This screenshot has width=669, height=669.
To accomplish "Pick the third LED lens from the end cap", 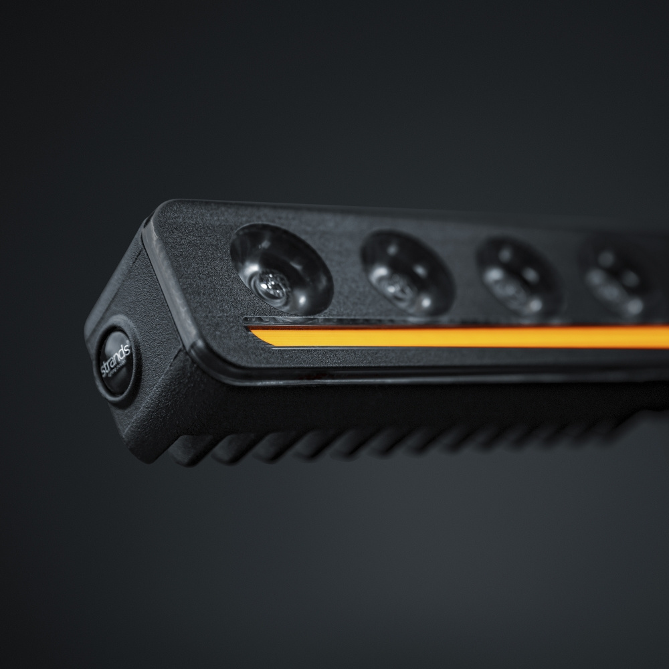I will tap(518, 277).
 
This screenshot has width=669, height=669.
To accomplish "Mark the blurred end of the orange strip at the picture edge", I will tap(662, 337).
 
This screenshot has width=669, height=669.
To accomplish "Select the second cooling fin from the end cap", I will tap(231, 450).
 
